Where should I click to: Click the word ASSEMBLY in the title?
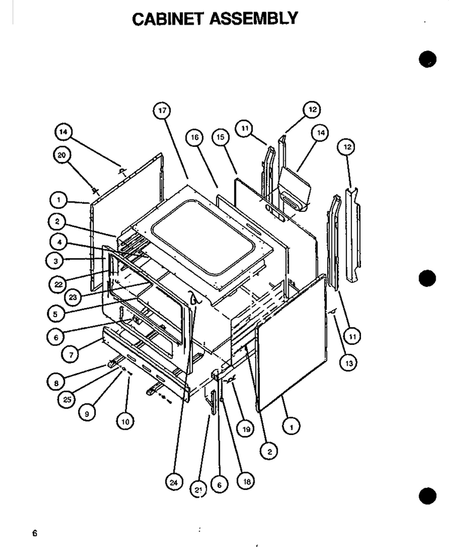[254, 19]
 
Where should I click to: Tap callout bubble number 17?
[162, 111]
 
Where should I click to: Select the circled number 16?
[194, 138]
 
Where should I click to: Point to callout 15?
[221, 137]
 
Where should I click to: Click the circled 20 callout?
[62, 155]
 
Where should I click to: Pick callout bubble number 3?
[55, 261]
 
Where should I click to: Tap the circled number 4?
[59, 242]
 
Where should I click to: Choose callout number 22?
[58, 285]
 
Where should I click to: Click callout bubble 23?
[73, 297]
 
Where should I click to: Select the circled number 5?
[55, 314]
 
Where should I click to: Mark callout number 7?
[71, 355]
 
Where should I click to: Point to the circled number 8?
[55, 383]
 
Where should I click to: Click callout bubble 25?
[67, 400]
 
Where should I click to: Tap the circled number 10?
[126, 422]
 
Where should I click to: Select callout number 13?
[348, 363]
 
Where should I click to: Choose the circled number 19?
[246, 429]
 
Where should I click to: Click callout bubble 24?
[174, 483]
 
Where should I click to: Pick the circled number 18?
[246, 482]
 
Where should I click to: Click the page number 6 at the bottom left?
[34, 533]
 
